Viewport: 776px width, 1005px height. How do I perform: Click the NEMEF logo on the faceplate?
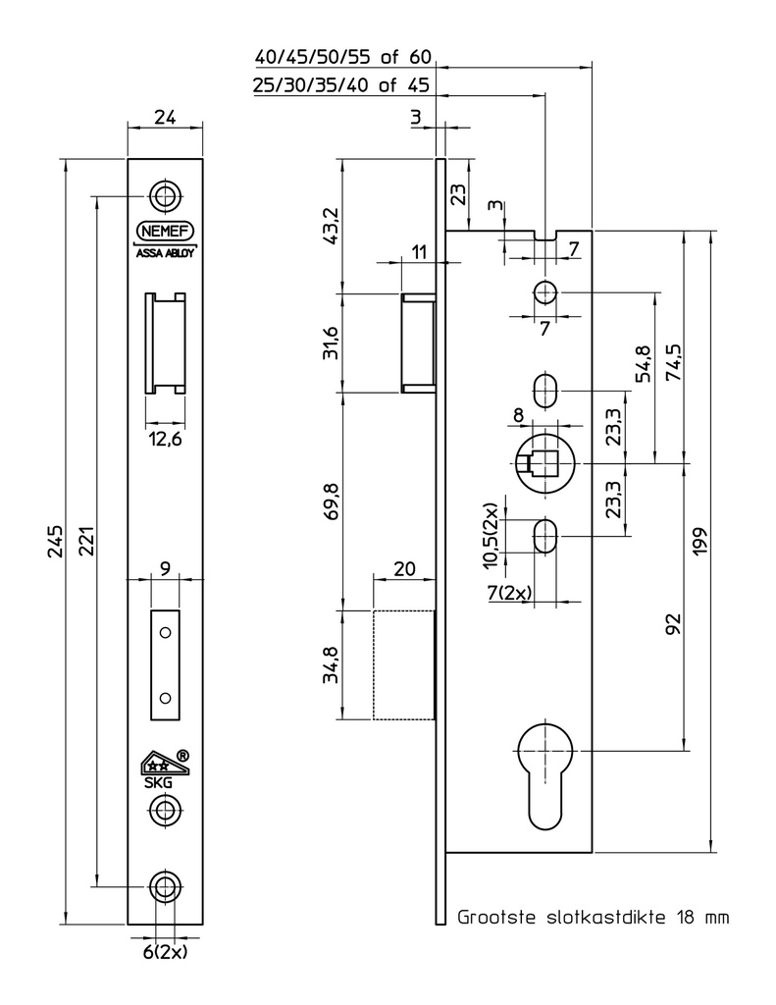[165, 232]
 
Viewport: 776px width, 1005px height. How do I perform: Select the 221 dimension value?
[86, 542]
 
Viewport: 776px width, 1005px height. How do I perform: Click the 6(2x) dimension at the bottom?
[165, 951]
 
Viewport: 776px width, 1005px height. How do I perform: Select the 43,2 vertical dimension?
[331, 226]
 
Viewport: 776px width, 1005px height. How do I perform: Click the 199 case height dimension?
[700, 541]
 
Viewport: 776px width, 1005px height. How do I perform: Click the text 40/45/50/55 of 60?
[342, 57]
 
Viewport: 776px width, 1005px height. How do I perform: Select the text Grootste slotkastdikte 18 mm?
[595, 919]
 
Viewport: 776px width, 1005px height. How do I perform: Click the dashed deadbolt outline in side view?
[403, 664]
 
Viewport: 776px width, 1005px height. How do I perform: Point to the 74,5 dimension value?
[673, 366]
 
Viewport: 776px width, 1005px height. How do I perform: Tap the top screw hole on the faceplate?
[165, 193]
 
